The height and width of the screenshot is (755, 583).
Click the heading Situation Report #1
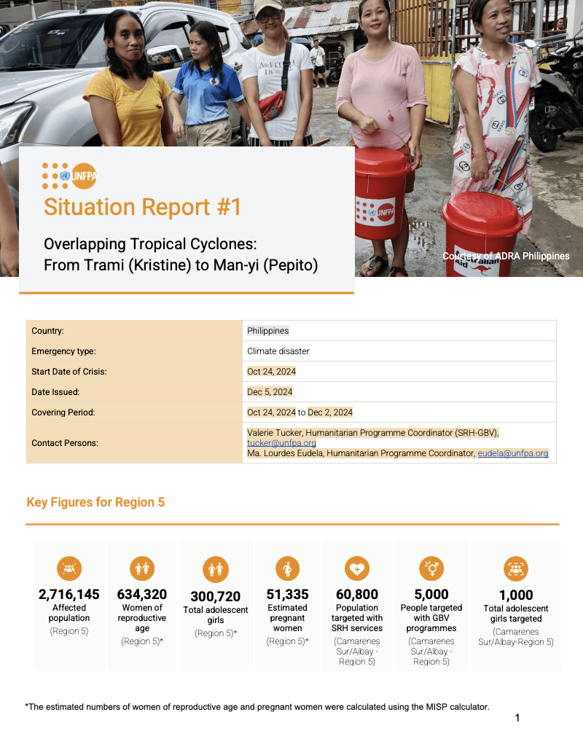(143, 207)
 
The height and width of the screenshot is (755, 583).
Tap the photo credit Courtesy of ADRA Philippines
(506, 256)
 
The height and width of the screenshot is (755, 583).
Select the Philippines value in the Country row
(267, 331)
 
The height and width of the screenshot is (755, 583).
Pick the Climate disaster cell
(278, 351)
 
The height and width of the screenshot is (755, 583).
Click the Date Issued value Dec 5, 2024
(270, 392)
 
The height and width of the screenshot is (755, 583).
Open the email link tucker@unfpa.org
(281, 442)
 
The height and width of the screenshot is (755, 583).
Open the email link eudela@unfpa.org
(512, 453)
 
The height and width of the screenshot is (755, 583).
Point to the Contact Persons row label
(65, 443)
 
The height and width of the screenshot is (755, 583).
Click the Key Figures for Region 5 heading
(95, 502)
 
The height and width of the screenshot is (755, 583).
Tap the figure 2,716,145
(69, 594)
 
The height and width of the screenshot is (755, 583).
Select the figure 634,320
(142, 594)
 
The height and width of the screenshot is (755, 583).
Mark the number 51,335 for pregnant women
(287, 594)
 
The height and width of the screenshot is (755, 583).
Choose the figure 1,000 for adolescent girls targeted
(516, 595)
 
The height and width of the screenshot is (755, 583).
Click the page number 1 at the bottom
(517, 718)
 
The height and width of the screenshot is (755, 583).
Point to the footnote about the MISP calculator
(257, 706)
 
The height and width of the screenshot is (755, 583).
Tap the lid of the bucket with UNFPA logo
(382, 162)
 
